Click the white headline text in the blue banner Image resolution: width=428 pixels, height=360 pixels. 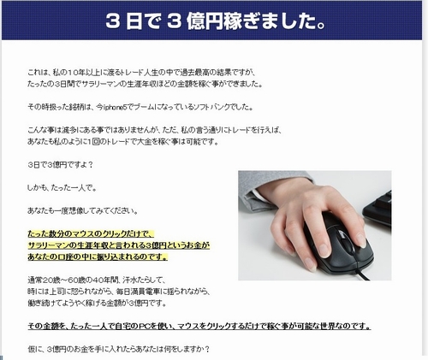[x=214, y=21]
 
